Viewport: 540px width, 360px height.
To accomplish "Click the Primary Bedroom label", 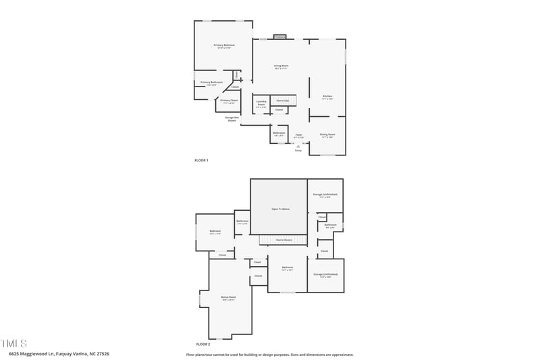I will tap(223, 45).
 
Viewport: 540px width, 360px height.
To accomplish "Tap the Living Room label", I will tap(281, 66).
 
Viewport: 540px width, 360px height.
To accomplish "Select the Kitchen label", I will tap(327, 97).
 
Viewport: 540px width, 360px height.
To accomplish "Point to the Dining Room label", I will tap(327, 134).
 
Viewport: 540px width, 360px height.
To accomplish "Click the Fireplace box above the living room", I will tap(280, 36).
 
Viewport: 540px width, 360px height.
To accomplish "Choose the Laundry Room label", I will tap(261, 104).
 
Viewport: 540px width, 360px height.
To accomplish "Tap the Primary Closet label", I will tap(229, 101).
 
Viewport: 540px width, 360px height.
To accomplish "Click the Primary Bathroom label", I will tap(211, 82).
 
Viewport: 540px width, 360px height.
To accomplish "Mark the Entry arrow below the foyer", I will tap(298, 145).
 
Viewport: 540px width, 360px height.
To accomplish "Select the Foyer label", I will tap(298, 135).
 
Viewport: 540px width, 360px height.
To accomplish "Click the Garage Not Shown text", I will tap(231, 118).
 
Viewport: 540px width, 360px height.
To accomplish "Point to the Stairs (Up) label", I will tap(283, 101).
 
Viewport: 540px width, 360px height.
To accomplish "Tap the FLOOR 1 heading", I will tap(201, 160).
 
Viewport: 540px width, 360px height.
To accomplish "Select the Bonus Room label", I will tap(229, 297).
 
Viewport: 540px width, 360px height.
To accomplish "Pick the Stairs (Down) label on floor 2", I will tap(283, 239).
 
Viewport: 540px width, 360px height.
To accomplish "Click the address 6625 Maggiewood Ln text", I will tap(59, 353).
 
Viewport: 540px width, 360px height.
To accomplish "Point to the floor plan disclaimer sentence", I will tap(270, 354).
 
